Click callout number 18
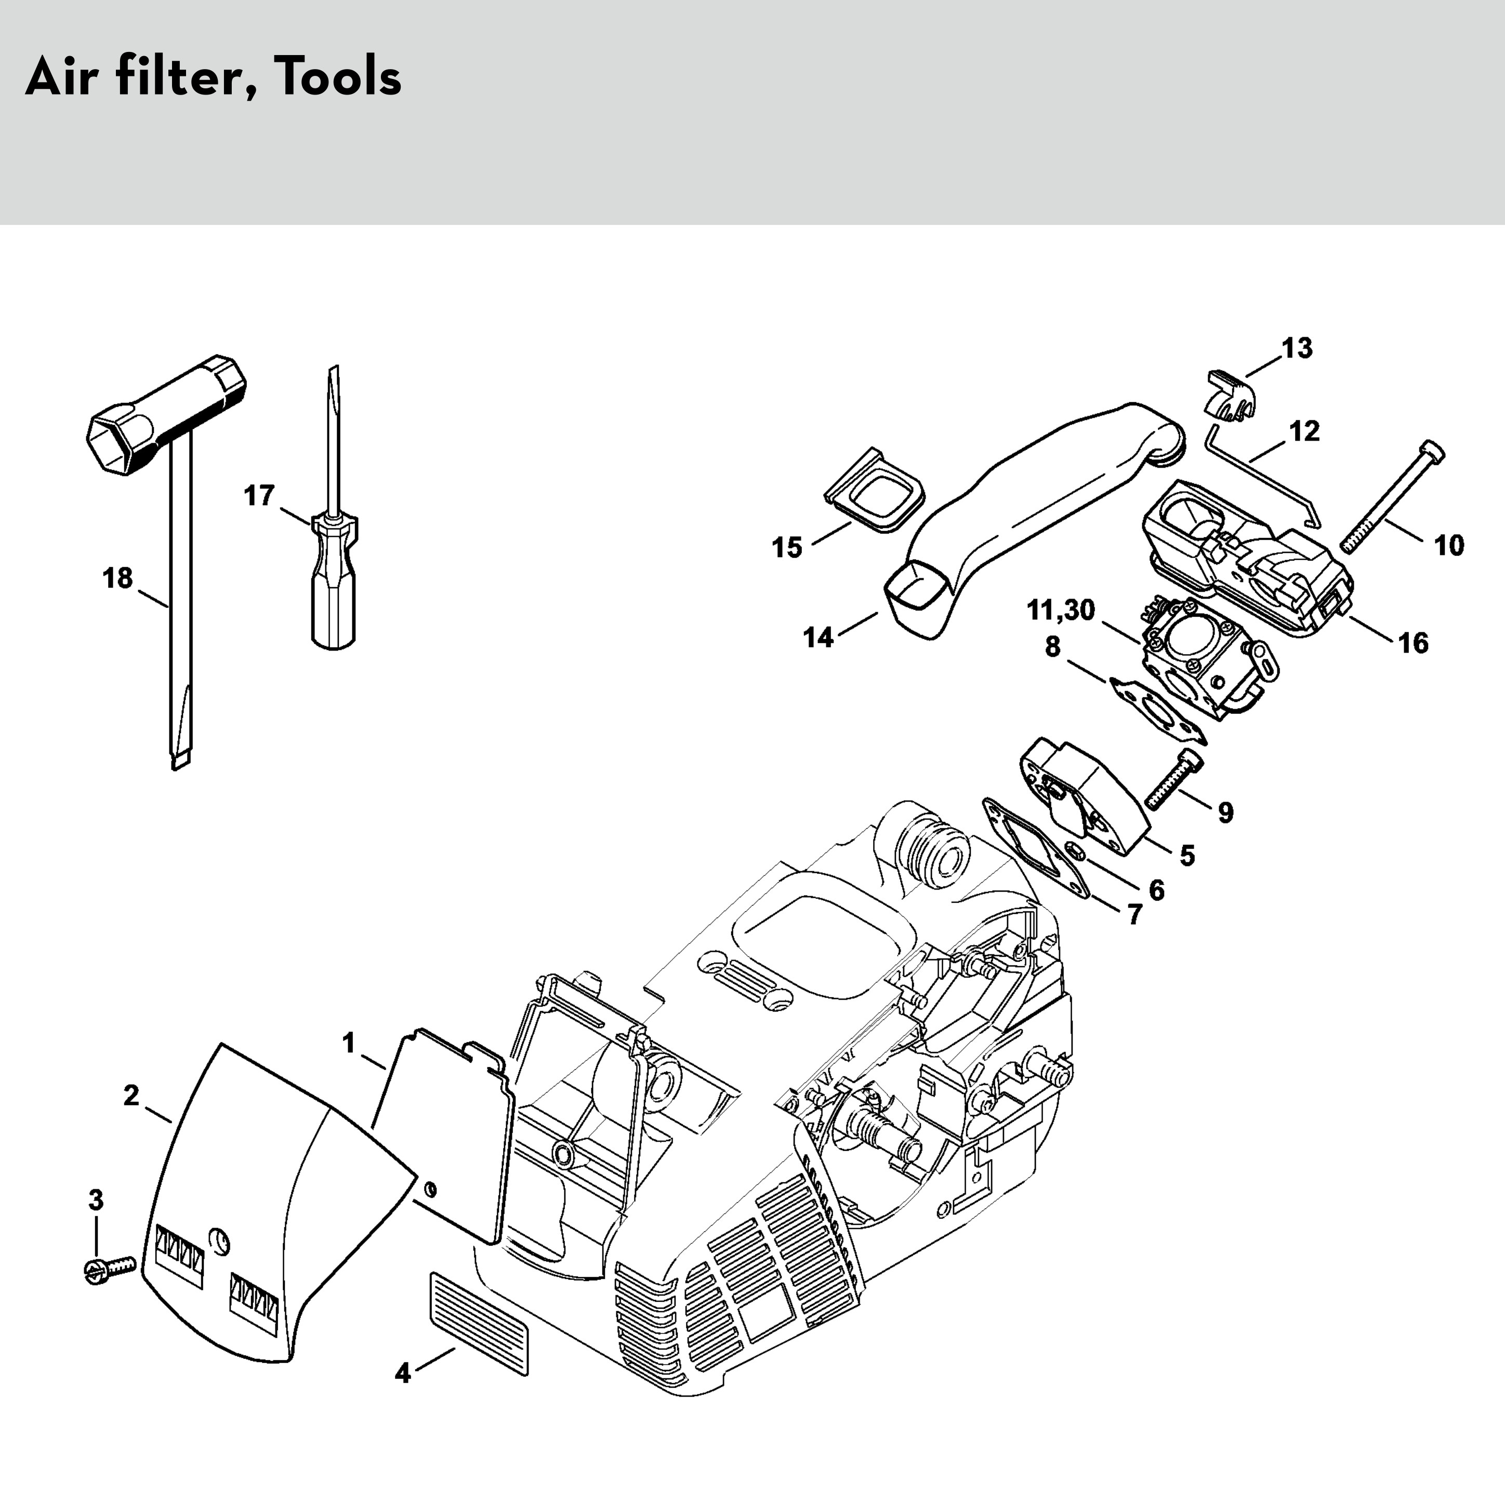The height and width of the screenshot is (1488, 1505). pyautogui.click(x=117, y=579)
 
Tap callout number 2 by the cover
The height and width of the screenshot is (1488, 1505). pyautogui.click(x=131, y=1096)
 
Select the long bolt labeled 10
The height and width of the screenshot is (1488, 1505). pyautogui.click(x=1391, y=496)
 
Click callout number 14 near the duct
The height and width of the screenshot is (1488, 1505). pyautogui.click(x=818, y=637)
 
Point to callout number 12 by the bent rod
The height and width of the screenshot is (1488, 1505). pyautogui.click(x=1305, y=431)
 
